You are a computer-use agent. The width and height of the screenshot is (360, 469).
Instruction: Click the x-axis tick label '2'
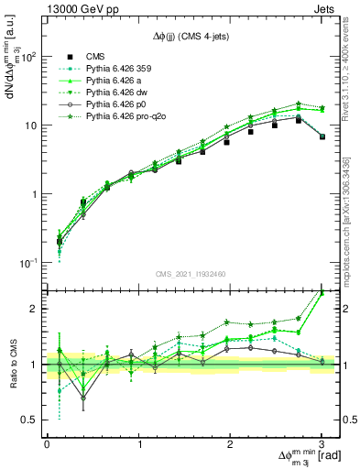[x=230, y=445]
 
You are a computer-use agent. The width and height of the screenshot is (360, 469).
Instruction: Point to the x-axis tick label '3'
[x=322, y=445]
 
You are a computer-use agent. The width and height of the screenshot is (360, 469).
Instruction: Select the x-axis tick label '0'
[x=47, y=445]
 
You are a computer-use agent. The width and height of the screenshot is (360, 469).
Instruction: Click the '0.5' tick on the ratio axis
[x=32, y=420]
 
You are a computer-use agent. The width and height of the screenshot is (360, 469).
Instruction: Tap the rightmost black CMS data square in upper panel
[x=322, y=136]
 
